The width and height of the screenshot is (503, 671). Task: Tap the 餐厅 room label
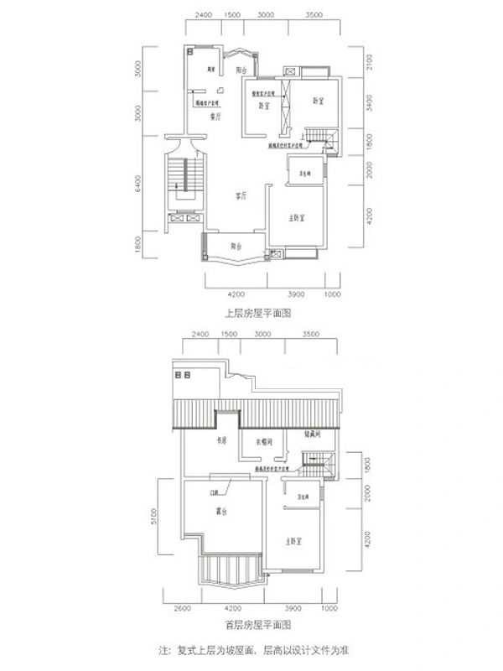[x=215, y=117]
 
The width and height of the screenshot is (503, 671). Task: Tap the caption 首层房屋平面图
[x=257, y=626]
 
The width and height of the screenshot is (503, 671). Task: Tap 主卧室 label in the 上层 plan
[x=291, y=217]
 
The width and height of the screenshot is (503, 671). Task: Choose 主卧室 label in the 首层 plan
[x=293, y=541]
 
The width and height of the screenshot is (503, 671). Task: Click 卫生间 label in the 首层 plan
[x=298, y=497]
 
